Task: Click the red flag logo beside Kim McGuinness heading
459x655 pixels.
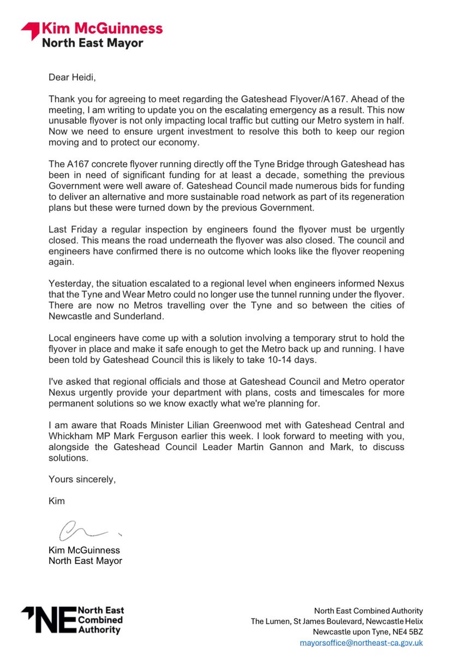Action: coord(30,32)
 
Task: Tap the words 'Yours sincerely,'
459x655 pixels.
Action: coord(82,480)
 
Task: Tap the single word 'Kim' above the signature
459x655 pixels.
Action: coord(57,501)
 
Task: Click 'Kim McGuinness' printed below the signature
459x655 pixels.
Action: coord(84,550)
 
